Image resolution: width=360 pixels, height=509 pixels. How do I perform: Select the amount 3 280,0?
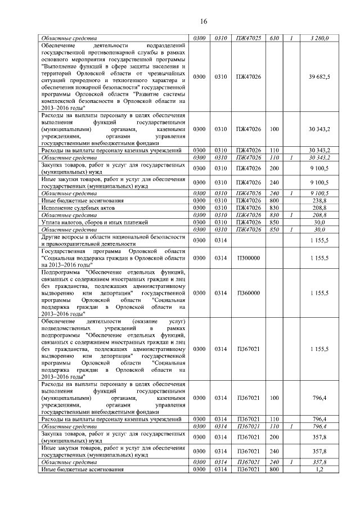319,38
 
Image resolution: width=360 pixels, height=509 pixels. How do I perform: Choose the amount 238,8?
320,200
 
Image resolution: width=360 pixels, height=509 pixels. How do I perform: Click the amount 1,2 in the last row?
320,469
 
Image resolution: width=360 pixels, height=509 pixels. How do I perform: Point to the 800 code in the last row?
274,469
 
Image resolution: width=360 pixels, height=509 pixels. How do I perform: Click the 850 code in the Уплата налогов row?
274,222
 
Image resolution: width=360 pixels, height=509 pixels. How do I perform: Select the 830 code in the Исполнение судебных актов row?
274,208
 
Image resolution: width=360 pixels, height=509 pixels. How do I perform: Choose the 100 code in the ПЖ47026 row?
274,129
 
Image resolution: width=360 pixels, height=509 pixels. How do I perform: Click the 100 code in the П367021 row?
274,398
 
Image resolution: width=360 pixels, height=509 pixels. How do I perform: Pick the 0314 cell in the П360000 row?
220,293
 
